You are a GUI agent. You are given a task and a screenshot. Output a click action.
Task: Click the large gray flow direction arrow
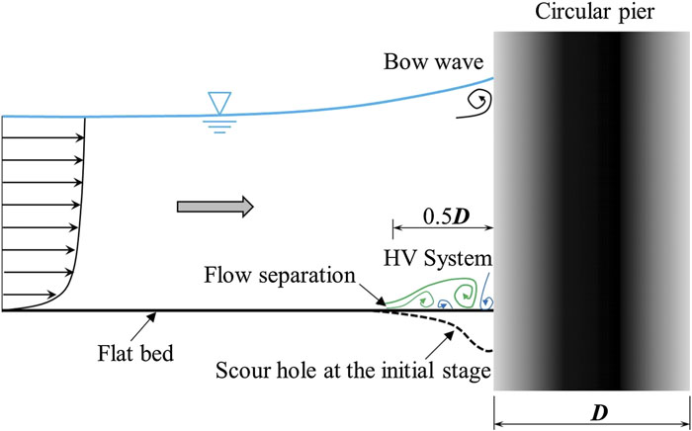215,207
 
